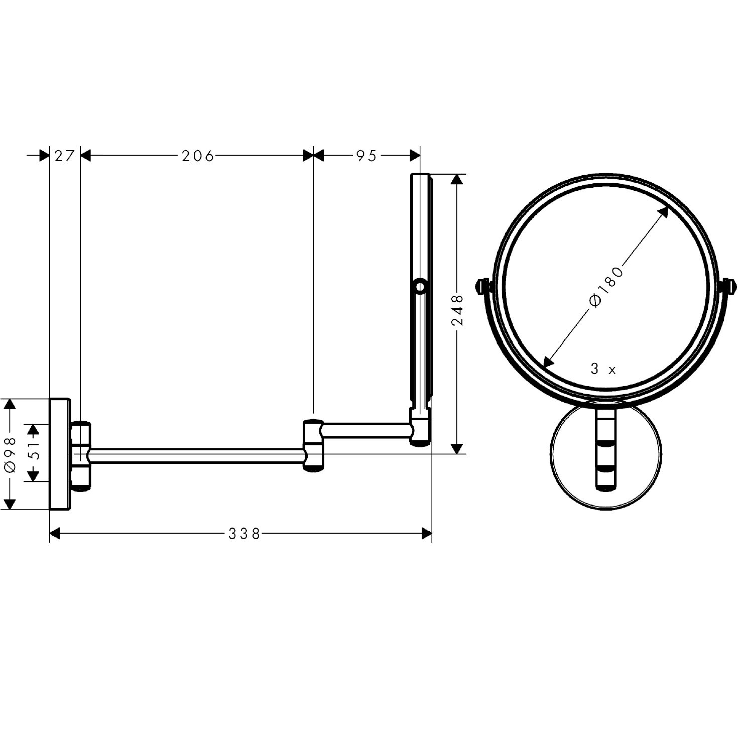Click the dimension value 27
pos(64,156)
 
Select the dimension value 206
pos(198,156)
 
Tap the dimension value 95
pos(366,156)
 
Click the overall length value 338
pos(244,534)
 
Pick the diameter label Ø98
pos(11,454)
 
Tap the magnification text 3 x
pos(603,369)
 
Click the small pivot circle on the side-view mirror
pos(421,286)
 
